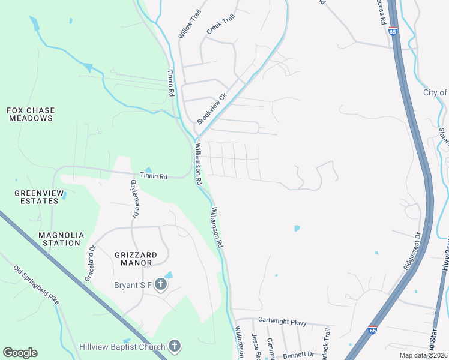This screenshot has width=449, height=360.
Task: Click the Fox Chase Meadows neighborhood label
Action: (x=31, y=114)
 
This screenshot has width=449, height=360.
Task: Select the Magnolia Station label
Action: (x=61, y=239)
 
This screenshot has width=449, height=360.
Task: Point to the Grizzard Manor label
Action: (x=136, y=259)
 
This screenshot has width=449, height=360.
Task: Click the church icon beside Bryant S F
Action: (x=161, y=284)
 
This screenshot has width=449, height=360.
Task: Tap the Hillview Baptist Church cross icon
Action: (x=175, y=346)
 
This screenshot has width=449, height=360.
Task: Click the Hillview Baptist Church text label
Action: (x=122, y=347)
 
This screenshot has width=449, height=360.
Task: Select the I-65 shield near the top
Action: (x=393, y=31)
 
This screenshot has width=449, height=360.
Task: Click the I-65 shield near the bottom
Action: (x=373, y=330)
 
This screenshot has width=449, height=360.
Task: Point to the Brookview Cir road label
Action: (x=212, y=108)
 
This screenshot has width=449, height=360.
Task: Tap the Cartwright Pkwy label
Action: (x=282, y=322)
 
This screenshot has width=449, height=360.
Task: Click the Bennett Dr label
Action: (x=298, y=355)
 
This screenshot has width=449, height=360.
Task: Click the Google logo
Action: (x=20, y=353)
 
